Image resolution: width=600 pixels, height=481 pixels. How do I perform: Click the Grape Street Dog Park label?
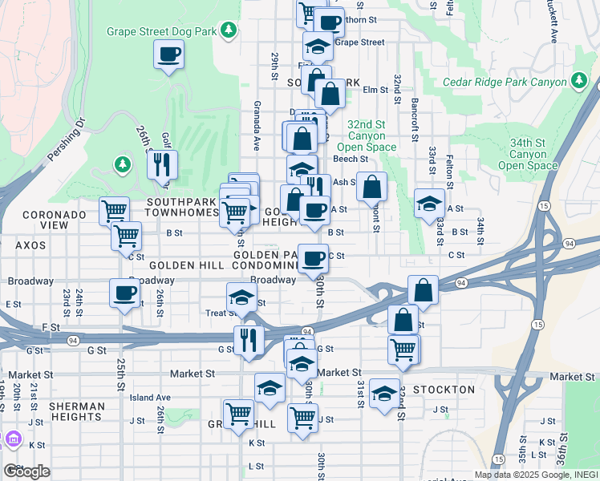click(x=164, y=31)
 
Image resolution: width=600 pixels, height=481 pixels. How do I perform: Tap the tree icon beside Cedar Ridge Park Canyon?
click(x=577, y=80)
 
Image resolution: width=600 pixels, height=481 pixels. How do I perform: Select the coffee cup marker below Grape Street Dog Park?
click(x=168, y=55)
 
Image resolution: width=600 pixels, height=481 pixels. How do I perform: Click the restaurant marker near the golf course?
click(x=163, y=165)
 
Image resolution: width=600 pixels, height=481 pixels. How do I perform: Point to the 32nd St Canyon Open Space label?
click(x=371, y=136)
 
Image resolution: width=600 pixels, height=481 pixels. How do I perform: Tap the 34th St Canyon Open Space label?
click(x=527, y=154)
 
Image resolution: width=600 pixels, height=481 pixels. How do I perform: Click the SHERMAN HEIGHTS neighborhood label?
click(x=77, y=412)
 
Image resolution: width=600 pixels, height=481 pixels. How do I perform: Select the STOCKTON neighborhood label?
click(x=446, y=390)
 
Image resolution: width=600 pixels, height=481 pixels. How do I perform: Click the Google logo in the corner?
click(x=26, y=471)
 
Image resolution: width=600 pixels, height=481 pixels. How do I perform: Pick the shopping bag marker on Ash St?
click(x=372, y=188)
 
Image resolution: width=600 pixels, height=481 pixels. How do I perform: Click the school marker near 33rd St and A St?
click(x=430, y=204)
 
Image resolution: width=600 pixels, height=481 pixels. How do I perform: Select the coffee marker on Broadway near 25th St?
click(x=124, y=293)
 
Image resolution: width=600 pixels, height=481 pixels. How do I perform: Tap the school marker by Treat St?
click(x=241, y=298)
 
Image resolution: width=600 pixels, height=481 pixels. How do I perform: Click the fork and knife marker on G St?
click(x=249, y=340)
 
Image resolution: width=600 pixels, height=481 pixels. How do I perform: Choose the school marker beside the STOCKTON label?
click(x=385, y=394)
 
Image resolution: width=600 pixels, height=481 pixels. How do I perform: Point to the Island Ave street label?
click(x=150, y=398)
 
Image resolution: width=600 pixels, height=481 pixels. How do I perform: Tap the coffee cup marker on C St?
click(x=313, y=259)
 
